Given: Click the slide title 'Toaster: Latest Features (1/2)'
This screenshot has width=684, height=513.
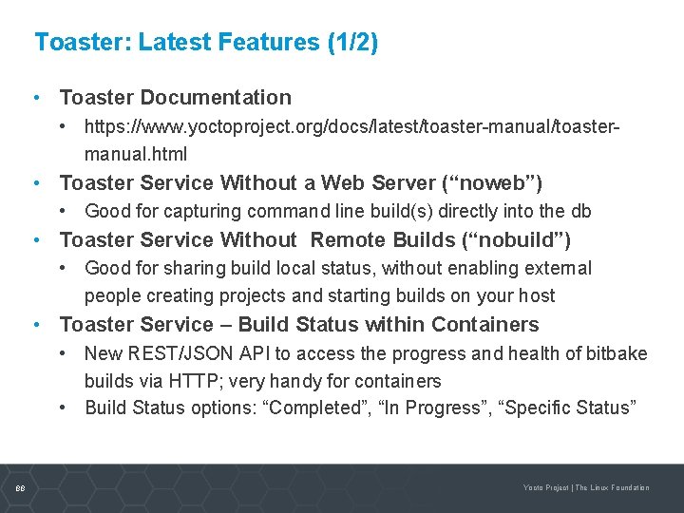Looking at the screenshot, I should tap(206, 43).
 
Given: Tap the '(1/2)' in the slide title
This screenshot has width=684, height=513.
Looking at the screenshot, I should tap(351, 43).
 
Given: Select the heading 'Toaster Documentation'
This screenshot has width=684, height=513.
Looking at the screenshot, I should tap(175, 97).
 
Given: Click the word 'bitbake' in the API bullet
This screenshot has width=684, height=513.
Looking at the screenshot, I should tap(617, 354).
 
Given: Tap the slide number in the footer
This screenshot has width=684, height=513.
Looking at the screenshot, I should tap(21, 487).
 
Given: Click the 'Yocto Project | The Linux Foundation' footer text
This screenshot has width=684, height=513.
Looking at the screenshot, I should tap(586, 487).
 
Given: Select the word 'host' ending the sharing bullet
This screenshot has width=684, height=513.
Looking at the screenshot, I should tap(538, 295).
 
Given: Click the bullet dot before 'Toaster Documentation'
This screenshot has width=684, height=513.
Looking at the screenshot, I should tap(36, 97).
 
